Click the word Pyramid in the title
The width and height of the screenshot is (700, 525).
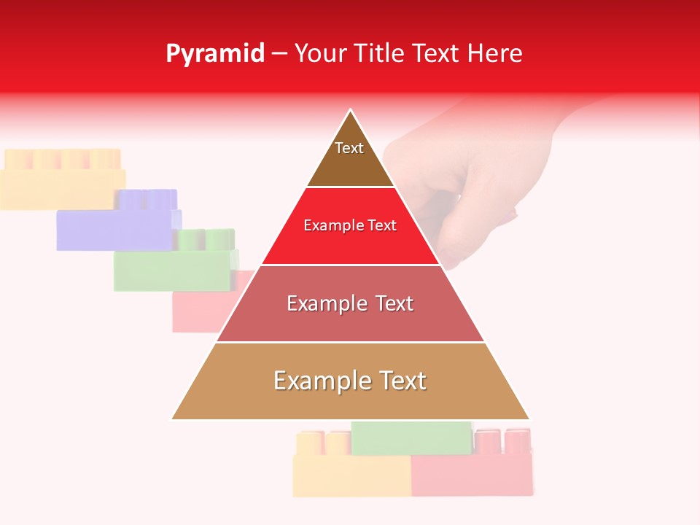tap(215, 54)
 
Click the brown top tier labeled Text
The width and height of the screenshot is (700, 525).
tap(350, 157)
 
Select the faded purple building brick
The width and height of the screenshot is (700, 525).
tap(117, 222)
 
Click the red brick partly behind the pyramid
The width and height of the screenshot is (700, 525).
tap(197, 310)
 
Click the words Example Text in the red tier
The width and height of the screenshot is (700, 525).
tap(350, 225)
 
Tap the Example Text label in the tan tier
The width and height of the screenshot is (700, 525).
tap(350, 381)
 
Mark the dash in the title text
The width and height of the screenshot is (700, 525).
tap(279, 54)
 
